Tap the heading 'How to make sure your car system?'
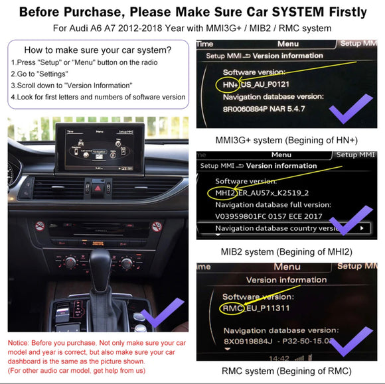[x=98, y=50]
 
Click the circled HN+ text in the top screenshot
[x=228, y=85]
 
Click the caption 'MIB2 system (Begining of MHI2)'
[x=287, y=251]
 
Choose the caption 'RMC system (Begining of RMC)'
[x=287, y=371]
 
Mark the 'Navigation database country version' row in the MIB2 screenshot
[x=279, y=228]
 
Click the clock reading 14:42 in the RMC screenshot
[x=301, y=357]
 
